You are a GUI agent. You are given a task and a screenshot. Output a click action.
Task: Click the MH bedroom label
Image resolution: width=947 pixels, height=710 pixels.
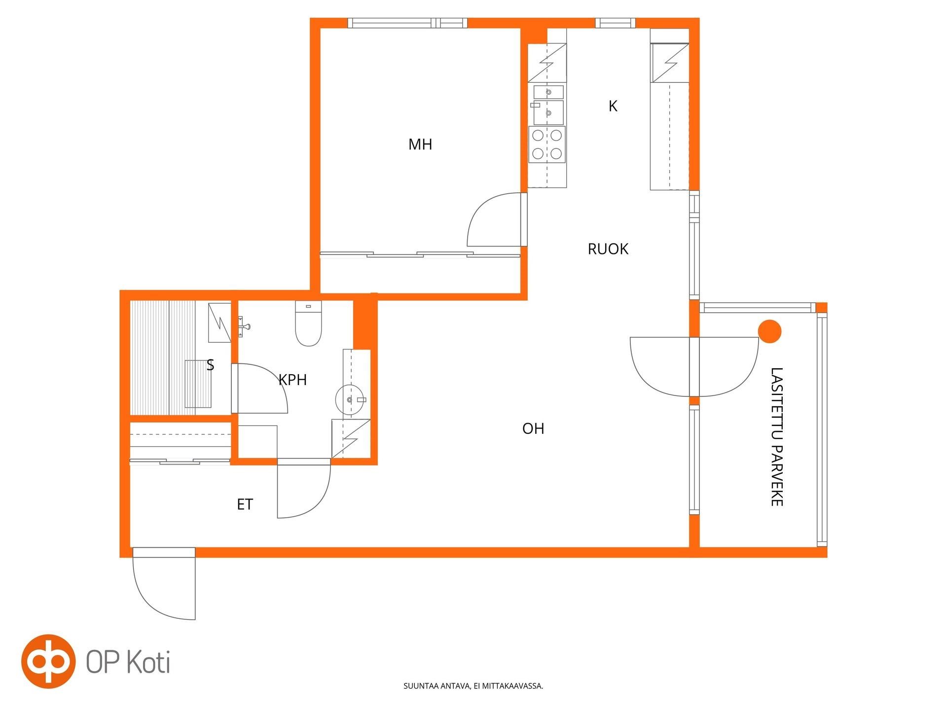(x=420, y=144)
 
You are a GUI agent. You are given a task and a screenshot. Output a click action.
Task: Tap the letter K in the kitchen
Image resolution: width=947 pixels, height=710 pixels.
(x=613, y=106)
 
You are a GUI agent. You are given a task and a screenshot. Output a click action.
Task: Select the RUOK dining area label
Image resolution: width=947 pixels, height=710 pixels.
(x=608, y=249)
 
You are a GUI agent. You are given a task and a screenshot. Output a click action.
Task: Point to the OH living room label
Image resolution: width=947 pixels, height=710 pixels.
(x=533, y=428)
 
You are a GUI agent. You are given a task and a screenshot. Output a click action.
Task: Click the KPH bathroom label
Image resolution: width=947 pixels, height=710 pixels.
(x=292, y=380)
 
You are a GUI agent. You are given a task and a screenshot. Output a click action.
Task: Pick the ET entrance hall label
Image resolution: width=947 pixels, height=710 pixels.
(x=245, y=504)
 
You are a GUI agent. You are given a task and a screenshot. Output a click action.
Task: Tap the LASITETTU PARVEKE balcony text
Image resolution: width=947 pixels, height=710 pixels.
(x=777, y=437)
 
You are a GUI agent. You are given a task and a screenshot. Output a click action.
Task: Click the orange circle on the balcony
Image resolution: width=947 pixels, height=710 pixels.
(x=770, y=331)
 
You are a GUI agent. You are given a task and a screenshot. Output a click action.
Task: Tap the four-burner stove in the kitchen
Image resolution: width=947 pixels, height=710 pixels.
(x=547, y=144)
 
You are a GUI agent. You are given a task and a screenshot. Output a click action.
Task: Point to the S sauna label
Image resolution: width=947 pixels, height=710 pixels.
(x=210, y=365)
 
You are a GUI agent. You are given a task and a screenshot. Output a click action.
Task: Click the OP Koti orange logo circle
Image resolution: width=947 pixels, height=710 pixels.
(x=48, y=661)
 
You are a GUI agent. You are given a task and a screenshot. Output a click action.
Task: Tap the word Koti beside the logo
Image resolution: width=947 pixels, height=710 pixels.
(x=149, y=662)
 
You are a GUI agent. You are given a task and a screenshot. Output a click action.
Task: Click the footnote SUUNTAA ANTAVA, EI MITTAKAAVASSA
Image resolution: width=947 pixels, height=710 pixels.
(x=473, y=686)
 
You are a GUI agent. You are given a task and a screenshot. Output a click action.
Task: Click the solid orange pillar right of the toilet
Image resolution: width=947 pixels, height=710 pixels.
(x=365, y=321)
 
